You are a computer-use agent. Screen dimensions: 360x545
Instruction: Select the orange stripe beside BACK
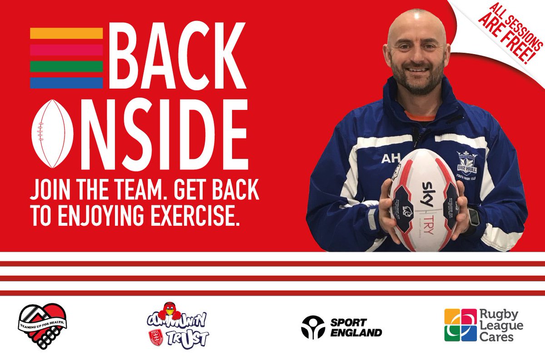(66, 33)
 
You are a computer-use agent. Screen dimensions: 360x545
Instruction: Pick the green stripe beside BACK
(66, 66)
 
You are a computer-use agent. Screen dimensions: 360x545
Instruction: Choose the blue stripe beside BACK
(66, 83)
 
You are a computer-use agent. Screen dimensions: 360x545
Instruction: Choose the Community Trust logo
(177, 326)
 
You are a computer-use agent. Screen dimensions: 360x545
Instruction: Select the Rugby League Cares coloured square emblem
(461, 325)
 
